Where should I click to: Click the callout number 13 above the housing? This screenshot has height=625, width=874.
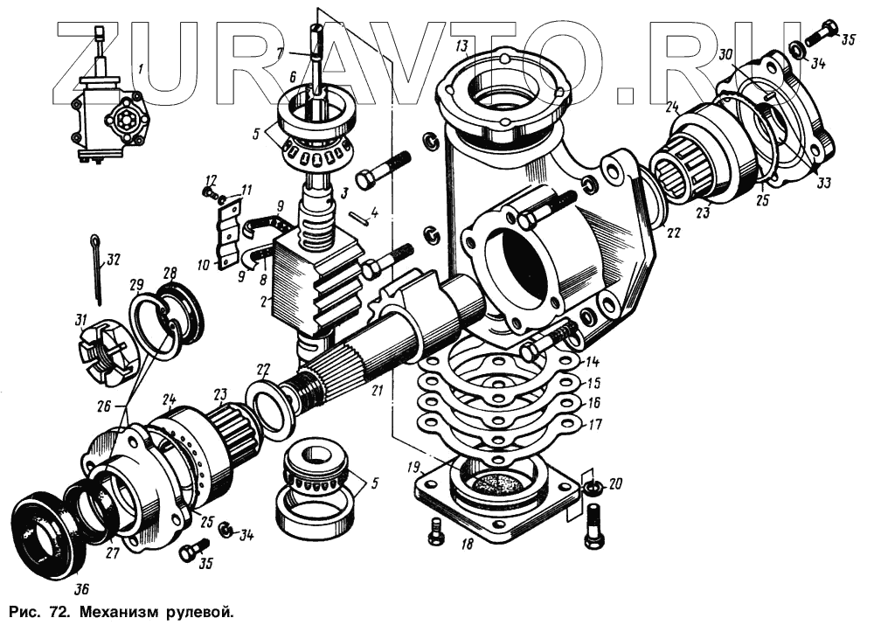pos(461,45)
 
